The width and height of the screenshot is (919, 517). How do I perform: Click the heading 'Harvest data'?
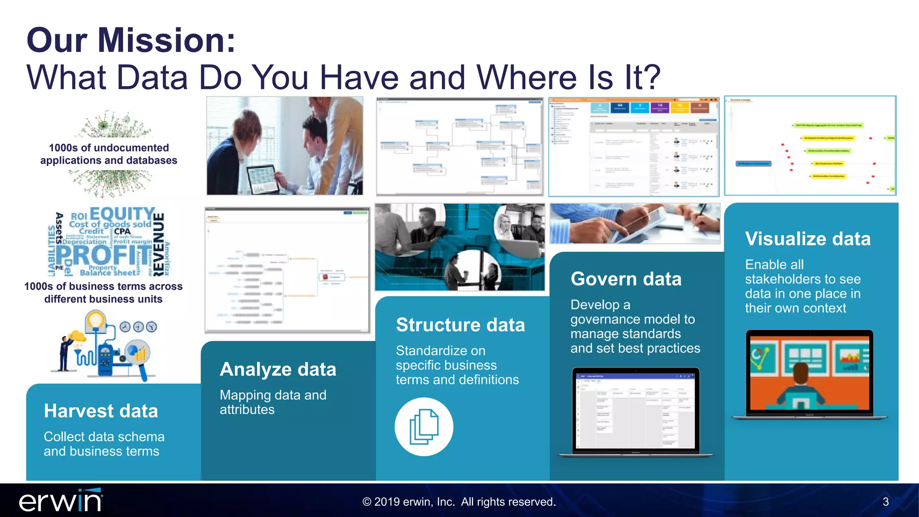click(x=101, y=411)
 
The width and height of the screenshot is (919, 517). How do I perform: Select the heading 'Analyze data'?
click(x=278, y=369)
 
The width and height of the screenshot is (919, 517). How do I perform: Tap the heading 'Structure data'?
click(x=460, y=325)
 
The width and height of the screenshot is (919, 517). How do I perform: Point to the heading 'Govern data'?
click(x=626, y=279)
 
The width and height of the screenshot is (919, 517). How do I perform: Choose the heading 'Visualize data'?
click(x=808, y=239)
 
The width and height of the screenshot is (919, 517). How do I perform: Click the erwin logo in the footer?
click(x=61, y=501)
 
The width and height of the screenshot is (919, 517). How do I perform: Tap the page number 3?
click(x=885, y=502)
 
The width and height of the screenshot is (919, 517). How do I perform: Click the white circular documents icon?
click(x=424, y=427)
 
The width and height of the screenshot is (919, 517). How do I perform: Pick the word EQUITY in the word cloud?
click(x=122, y=214)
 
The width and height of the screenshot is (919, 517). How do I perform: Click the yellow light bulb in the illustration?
click(x=95, y=321)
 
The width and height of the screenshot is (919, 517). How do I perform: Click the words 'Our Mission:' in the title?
click(x=131, y=40)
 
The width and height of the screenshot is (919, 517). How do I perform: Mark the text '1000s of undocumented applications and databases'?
click(x=109, y=154)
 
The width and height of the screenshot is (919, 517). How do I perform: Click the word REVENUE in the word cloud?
click(x=159, y=243)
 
